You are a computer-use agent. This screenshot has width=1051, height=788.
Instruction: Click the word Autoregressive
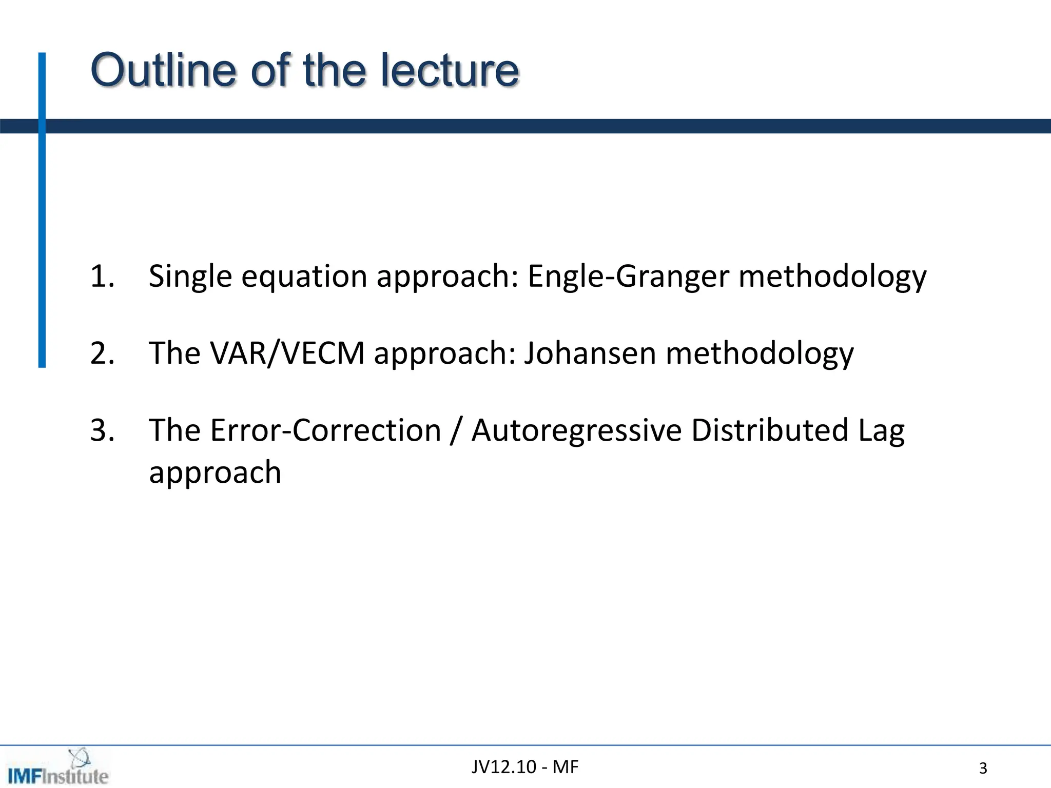576,431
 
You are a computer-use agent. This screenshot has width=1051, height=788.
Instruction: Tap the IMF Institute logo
57,769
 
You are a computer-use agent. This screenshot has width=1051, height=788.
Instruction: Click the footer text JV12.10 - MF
524,767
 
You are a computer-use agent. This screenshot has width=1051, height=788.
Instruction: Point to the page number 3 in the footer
983,769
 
